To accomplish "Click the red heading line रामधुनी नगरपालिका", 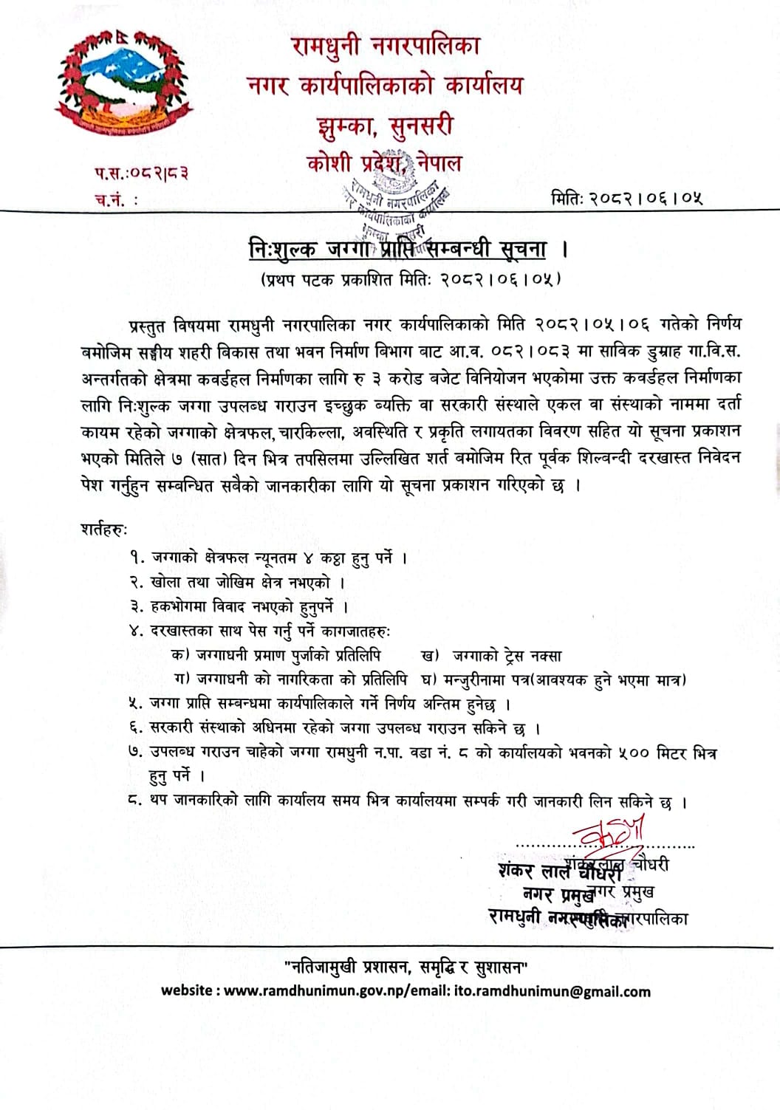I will click(386, 46).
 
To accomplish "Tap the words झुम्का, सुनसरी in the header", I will click(381, 126).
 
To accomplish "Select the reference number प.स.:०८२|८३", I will click(141, 174).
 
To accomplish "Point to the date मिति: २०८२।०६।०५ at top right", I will click(626, 198).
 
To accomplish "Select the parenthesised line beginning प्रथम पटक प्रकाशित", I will click(410, 278).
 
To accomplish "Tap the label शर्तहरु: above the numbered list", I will click(104, 530).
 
